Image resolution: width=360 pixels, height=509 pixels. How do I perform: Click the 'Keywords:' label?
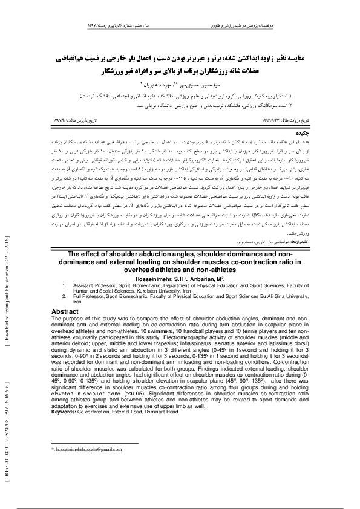click(64, 412)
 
